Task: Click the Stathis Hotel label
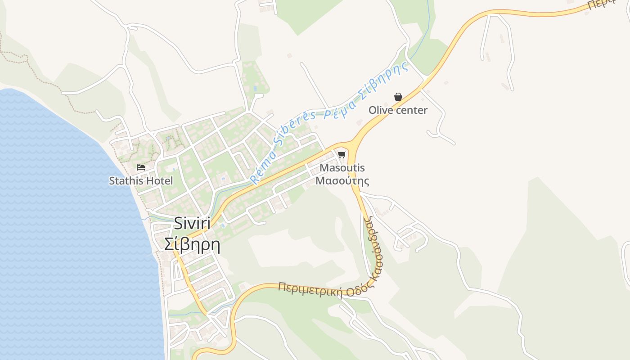[141, 181]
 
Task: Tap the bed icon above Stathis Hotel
[141, 167]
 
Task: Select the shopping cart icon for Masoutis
[342, 155]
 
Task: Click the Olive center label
[398, 110]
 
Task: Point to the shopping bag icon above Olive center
[398, 97]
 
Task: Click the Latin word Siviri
[192, 224]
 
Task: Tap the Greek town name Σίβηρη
[192, 244]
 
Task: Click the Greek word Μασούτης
[342, 181]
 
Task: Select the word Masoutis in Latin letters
[342, 168]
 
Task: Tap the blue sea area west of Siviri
[67, 225]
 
